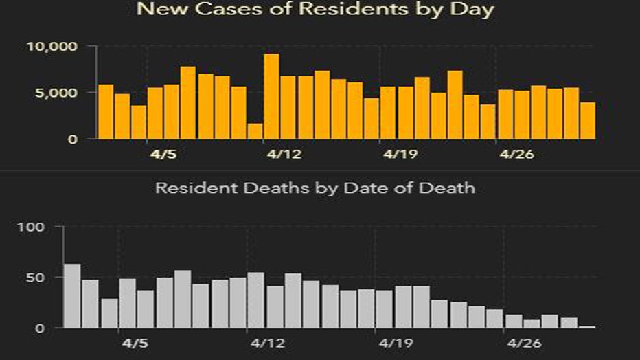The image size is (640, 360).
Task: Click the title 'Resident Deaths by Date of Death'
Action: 315,188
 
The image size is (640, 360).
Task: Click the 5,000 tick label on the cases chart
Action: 61,93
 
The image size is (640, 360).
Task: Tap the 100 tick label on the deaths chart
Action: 34,227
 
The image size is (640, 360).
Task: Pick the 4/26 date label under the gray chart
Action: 521,341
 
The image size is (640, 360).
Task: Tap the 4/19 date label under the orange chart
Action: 398,155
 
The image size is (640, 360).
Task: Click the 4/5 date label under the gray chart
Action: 135,341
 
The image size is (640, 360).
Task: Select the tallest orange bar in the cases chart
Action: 271,96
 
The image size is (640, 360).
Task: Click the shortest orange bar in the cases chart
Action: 255,131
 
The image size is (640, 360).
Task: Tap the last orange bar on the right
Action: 587,121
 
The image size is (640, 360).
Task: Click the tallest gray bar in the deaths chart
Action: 71,296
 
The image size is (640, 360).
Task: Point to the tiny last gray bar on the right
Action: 587,327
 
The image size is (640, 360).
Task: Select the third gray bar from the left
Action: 109,313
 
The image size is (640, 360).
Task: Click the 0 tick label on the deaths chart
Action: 40,328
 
